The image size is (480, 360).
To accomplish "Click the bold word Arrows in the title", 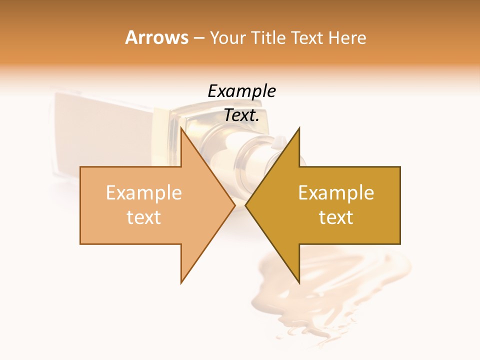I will pos(157,37).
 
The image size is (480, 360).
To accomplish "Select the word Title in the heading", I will pos(268,37).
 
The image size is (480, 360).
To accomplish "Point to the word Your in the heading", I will pos(227,37).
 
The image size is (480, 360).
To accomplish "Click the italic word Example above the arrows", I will pos(241,91).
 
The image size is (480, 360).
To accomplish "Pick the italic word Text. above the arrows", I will pos(241,115).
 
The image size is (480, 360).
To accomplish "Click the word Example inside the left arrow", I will pos(144,193).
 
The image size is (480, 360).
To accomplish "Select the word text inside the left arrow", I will pos(144,217).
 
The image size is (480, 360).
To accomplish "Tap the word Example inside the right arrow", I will pos(336,193).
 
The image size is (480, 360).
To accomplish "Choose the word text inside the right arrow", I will pos(336,217).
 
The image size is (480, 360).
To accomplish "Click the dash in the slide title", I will pos(198,38).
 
